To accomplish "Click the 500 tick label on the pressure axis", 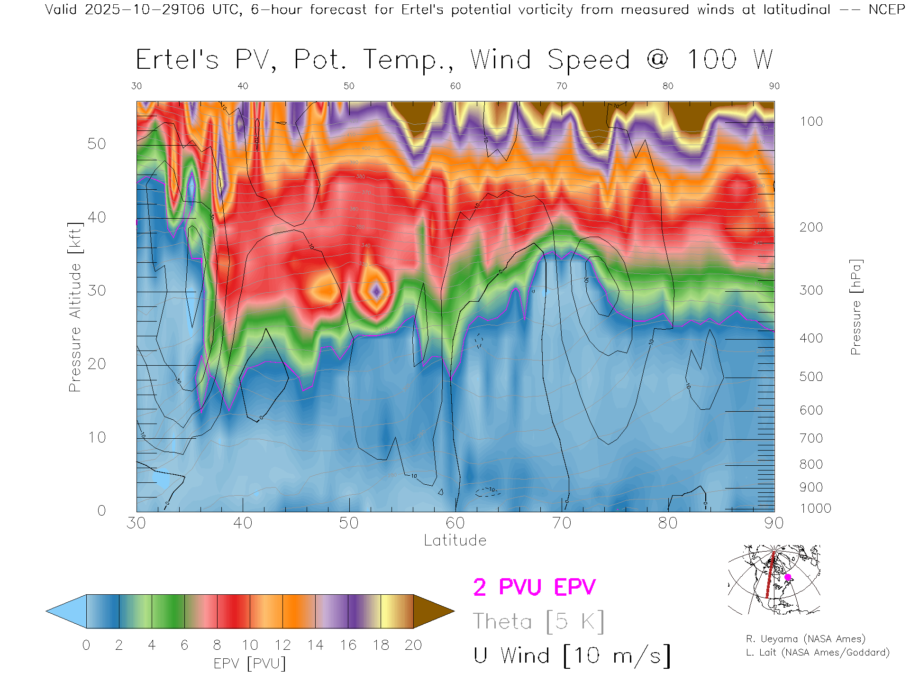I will coord(811,377).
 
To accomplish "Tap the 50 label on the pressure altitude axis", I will coord(97,144).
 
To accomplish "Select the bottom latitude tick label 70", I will coord(561,523).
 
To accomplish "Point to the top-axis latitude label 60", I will coord(455,86).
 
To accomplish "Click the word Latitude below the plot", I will coord(455,540).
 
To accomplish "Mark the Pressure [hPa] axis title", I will coord(856,307).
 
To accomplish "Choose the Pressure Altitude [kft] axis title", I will coord(75,307).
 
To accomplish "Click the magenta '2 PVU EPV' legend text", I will coord(534,587).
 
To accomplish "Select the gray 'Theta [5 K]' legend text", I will coord(538,621).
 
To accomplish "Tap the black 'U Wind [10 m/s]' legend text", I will coord(572,656).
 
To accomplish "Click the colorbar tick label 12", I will coord(282,645).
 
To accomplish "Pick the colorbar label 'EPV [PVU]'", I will coord(250,664).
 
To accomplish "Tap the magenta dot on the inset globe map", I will coord(788,577).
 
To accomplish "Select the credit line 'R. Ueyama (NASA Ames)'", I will coord(805,639).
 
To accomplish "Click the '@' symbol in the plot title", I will coord(657,60).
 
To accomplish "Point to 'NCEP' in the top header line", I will coord(886,9).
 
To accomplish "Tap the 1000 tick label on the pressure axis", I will coord(815,508).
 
